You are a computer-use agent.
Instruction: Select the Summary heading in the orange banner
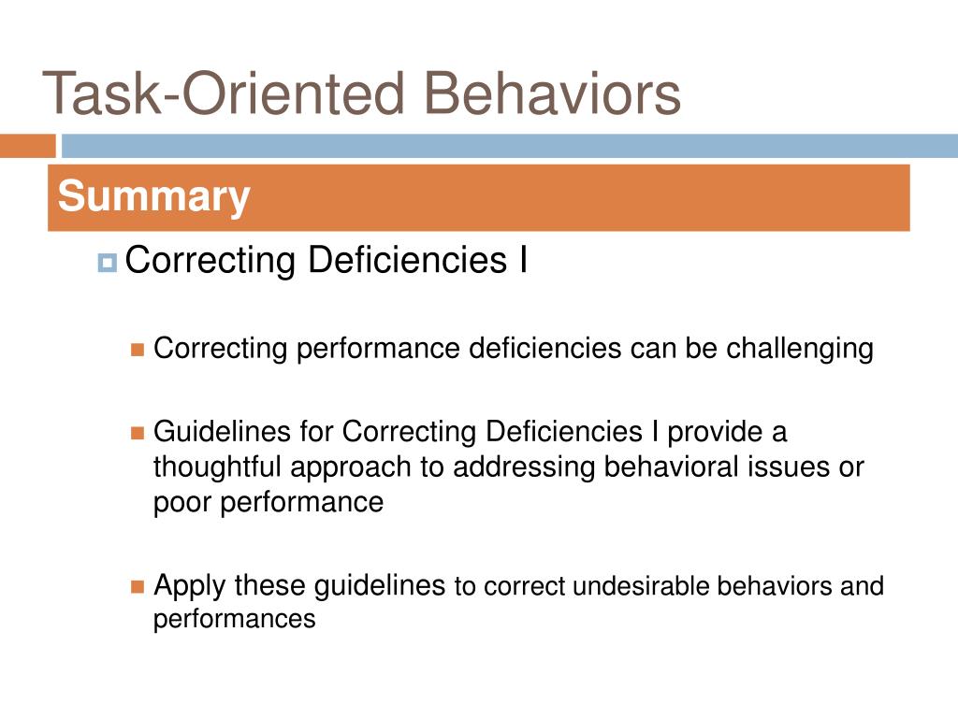(154, 197)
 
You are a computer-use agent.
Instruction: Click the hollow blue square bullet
(107, 264)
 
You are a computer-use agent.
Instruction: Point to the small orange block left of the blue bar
(27, 146)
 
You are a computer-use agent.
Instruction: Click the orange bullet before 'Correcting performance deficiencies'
(138, 350)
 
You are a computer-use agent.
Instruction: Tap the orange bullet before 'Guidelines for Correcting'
(138, 433)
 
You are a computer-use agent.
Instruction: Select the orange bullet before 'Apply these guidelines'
(138, 587)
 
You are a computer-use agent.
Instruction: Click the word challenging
(800, 349)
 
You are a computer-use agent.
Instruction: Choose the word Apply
(190, 586)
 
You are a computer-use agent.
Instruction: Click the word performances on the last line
(234, 619)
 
